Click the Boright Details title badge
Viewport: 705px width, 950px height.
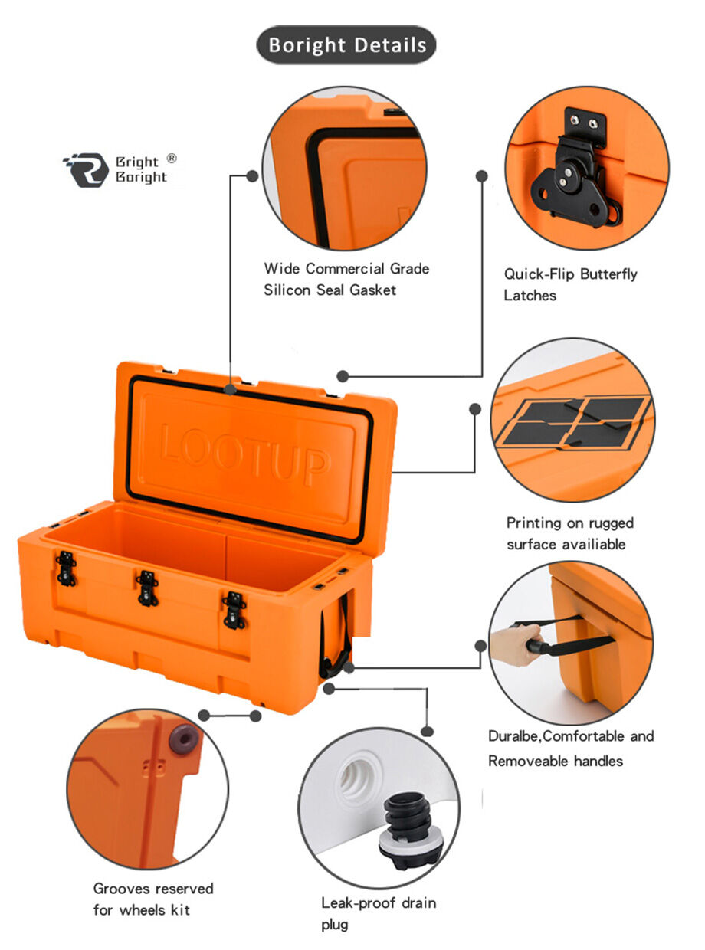[x=346, y=45]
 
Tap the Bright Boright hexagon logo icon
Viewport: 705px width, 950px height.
[x=85, y=169]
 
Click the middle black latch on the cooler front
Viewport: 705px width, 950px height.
[x=147, y=588]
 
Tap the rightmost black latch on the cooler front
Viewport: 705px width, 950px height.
[x=234, y=609]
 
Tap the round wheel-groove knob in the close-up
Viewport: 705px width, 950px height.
[x=184, y=739]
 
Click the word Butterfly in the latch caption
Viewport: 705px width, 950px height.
[x=608, y=274]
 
